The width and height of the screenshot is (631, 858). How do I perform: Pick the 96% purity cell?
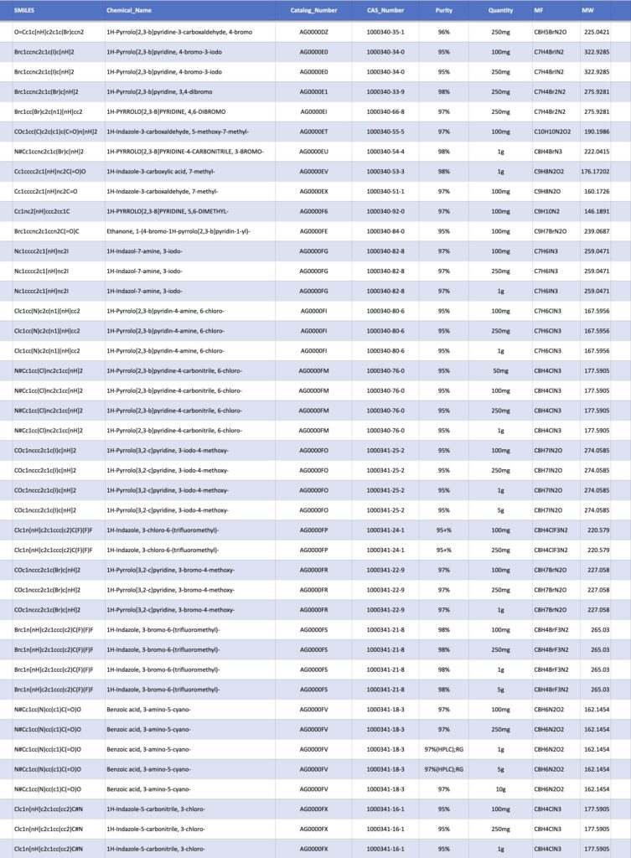click(x=443, y=31)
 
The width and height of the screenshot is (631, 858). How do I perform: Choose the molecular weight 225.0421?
click(x=596, y=31)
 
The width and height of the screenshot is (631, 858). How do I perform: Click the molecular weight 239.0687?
click(x=596, y=230)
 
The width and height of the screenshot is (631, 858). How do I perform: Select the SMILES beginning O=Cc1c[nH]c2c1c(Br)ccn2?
click(x=49, y=31)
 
